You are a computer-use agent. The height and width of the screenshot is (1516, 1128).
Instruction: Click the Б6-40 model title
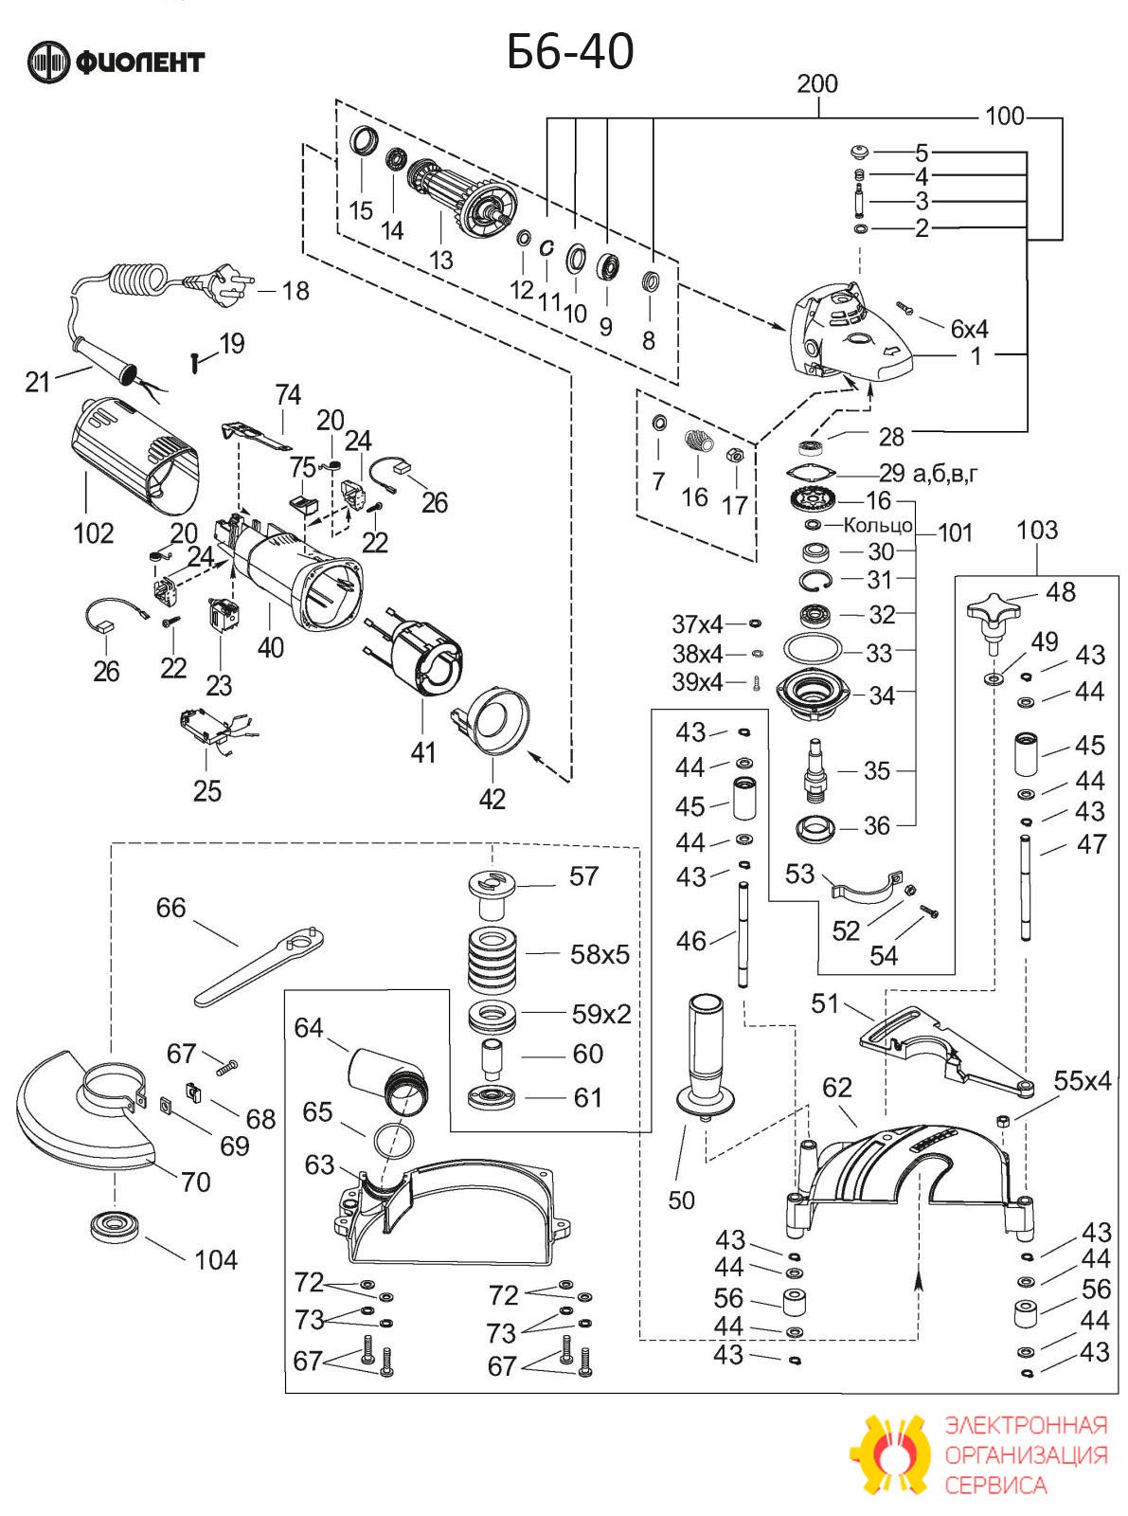570,52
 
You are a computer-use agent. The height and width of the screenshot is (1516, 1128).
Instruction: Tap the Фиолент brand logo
116,63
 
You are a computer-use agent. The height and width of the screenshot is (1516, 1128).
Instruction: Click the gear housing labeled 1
849,334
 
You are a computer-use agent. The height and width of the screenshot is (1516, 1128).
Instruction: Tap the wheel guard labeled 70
83,1111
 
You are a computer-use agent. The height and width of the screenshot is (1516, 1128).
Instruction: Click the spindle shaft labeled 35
817,771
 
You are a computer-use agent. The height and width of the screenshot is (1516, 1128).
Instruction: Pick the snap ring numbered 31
815,580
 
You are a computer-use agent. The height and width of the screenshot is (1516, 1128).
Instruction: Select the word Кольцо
878,525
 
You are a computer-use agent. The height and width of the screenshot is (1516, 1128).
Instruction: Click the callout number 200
817,84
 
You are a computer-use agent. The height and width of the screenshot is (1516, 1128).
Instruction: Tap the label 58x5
600,954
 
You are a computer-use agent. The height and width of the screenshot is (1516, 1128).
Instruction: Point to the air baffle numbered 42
491,722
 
